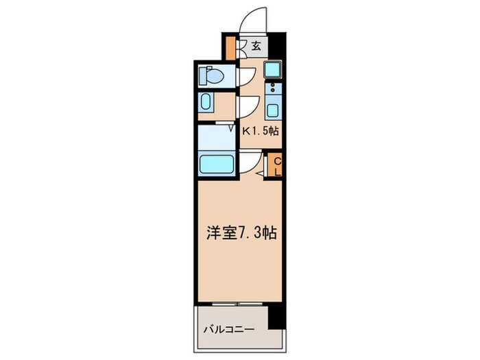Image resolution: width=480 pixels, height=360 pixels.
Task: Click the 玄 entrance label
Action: click(255, 46)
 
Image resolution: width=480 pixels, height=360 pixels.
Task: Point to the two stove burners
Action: click(272, 88)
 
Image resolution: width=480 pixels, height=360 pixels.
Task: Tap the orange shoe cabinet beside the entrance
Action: click(230, 47)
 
